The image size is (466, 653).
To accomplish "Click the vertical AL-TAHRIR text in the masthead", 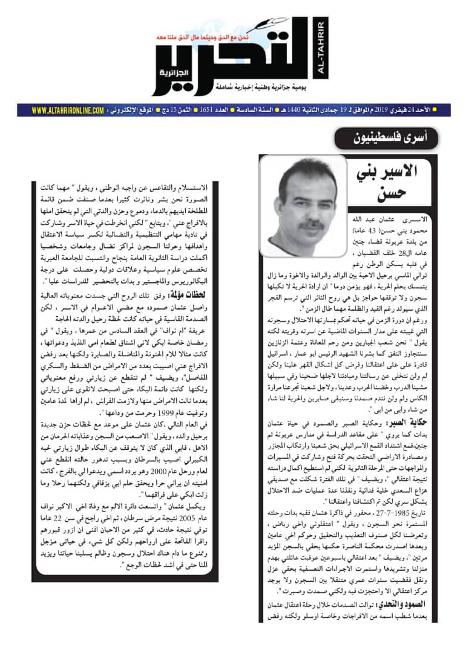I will pos(320,48).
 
